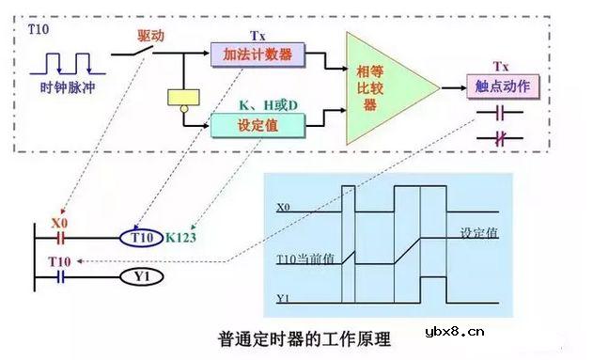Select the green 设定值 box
coord(257,123)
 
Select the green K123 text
coord(186,238)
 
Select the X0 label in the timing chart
coord(284,204)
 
